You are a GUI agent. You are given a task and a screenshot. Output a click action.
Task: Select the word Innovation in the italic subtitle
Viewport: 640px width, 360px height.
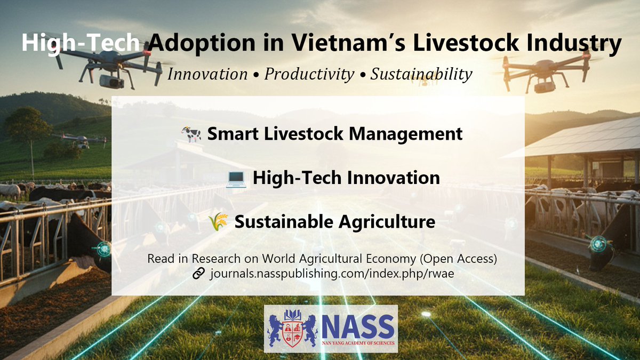pyautogui.click(x=207, y=74)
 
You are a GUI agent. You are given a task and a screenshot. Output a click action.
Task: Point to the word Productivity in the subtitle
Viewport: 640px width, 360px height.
pyautogui.click(x=309, y=74)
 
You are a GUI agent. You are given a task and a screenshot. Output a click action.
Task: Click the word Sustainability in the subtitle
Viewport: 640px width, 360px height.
pyautogui.click(x=421, y=74)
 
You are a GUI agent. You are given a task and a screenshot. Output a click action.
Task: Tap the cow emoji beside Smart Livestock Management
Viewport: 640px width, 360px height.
pyautogui.click(x=191, y=134)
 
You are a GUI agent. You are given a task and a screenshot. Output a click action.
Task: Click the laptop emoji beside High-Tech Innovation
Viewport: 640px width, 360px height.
pyautogui.click(x=236, y=178)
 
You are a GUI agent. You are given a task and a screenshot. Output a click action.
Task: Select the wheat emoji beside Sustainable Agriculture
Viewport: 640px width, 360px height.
pyautogui.click(x=219, y=221)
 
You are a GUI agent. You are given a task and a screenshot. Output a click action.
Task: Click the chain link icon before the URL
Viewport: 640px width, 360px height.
pyautogui.click(x=198, y=274)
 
